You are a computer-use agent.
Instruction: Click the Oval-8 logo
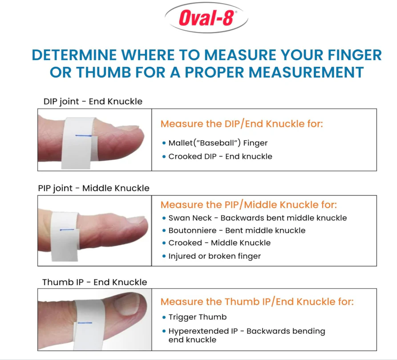pos(206,18)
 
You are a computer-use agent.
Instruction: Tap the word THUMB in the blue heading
pos(104,72)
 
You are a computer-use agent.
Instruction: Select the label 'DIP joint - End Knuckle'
pos(93,101)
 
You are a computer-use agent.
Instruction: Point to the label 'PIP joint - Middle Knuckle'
pos(93,188)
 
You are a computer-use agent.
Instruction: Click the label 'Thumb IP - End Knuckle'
pos(95,282)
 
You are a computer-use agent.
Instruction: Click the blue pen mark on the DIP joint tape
pos(84,136)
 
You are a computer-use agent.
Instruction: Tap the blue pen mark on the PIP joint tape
pos(67,230)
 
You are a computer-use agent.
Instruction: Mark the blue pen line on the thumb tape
pos(85,323)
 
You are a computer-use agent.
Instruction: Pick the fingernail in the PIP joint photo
pos(136,219)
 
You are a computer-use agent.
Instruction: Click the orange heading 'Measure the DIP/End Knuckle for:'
pos(242,124)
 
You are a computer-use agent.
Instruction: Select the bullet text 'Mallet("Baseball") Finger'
pos(218,143)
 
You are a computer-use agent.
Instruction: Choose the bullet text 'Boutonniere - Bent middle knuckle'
pos(237,231)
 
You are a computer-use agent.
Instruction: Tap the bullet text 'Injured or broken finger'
pos(215,256)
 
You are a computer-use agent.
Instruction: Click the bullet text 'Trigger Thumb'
pos(198,317)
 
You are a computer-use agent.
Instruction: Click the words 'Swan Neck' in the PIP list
pos(190,218)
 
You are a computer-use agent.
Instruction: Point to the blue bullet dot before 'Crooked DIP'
pos(164,157)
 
